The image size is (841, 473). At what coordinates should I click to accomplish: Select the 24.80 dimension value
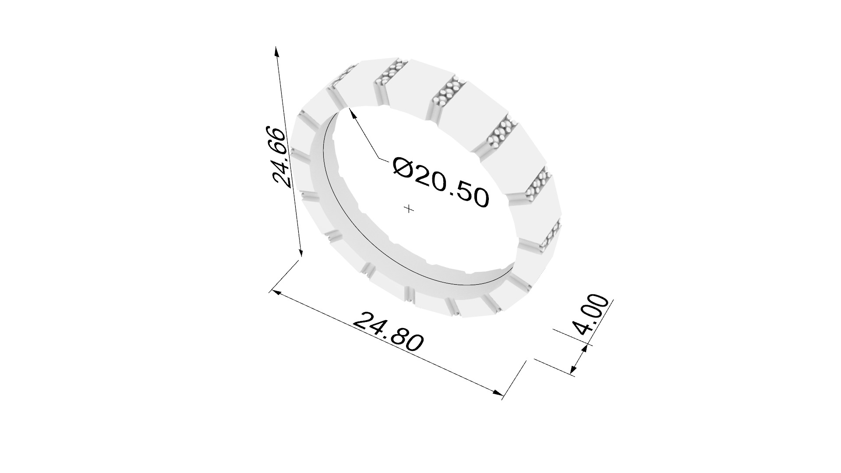pyautogui.click(x=388, y=332)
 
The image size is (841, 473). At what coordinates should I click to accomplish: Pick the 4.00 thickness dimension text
pyautogui.click(x=591, y=314)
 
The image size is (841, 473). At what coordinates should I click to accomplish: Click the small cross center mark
pyautogui.click(x=409, y=209)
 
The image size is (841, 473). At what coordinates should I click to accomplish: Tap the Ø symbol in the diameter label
pyautogui.click(x=402, y=167)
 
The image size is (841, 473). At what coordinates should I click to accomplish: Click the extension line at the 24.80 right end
pyautogui.click(x=513, y=380)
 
